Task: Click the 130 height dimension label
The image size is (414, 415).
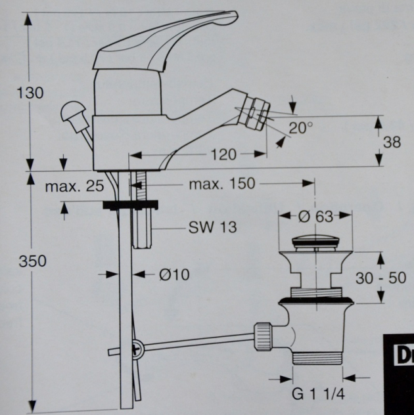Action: pos(30,93)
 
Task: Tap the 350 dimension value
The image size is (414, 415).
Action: pos(32,261)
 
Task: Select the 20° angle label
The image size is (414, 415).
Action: pos(302,128)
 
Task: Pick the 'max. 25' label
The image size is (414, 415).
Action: pos(74,186)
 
